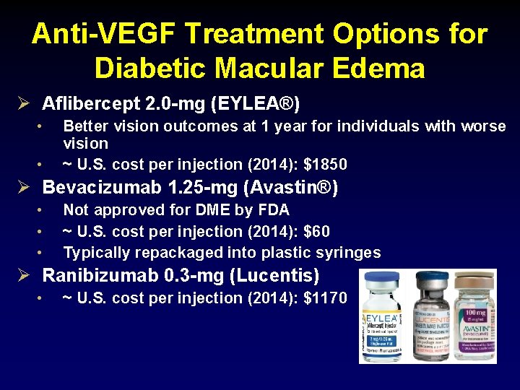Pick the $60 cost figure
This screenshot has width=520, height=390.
tap(316, 231)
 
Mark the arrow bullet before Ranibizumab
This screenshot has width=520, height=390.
tap(22, 275)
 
